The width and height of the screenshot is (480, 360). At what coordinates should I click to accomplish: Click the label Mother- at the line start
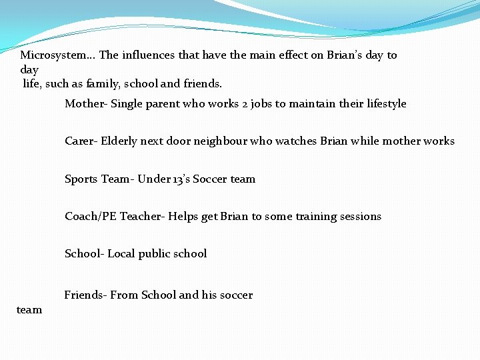(x=86, y=104)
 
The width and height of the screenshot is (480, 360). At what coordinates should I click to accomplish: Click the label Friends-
(x=86, y=295)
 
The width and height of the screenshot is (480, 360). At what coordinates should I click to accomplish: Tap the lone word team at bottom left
(x=29, y=309)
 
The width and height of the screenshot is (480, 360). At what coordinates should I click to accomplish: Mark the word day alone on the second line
(x=29, y=70)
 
